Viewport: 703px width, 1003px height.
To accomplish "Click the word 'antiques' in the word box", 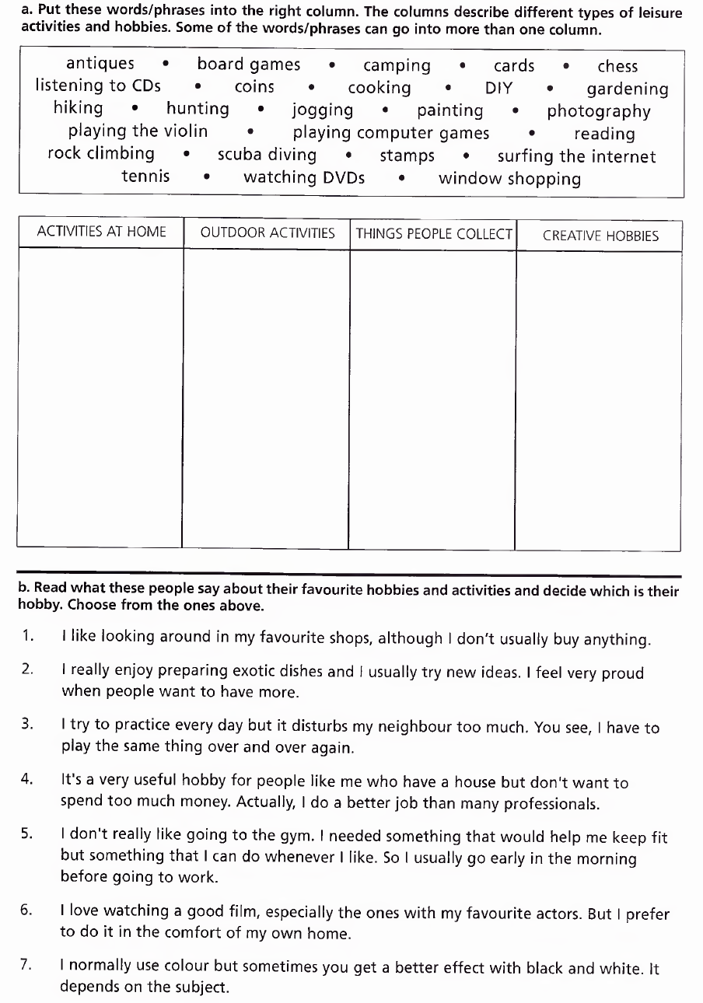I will (100, 64).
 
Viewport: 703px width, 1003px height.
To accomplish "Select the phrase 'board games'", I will (248, 65).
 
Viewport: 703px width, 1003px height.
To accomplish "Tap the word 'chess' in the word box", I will (617, 66).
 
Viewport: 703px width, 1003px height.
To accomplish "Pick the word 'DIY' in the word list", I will (498, 88).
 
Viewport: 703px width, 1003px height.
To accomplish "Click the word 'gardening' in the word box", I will (627, 89).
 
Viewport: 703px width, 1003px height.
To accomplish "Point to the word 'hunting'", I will (198, 109).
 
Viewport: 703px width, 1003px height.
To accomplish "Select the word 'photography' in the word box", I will (598, 111).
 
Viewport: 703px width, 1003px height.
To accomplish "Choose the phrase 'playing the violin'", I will (138, 131).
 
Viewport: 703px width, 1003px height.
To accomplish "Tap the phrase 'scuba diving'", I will (267, 155).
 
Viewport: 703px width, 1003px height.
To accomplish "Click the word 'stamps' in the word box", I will (407, 156).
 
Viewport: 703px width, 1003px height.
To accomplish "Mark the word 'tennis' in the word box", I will (145, 176).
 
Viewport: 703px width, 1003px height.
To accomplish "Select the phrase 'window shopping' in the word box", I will (509, 179).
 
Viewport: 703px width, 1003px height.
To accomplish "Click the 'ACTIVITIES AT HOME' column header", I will (101, 232).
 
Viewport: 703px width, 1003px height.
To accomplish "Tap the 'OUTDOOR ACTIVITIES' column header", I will (268, 232).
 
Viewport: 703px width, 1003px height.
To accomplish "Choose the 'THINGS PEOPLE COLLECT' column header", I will (434, 233).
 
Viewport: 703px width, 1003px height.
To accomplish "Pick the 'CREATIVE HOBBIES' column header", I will (600, 236).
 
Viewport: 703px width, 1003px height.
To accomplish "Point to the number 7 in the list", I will (26, 965).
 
